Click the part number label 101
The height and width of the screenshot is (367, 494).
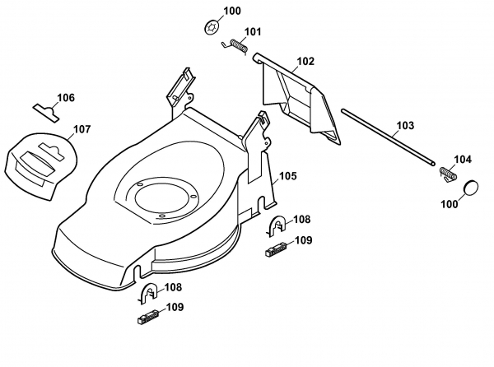[252, 33]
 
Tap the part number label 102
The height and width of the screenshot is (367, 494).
[305, 61]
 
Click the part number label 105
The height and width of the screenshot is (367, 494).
[287, 175]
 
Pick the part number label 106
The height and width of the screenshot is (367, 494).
[66, 98]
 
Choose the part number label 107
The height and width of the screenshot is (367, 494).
[82, 128]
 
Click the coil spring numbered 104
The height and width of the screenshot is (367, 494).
[447, 174]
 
